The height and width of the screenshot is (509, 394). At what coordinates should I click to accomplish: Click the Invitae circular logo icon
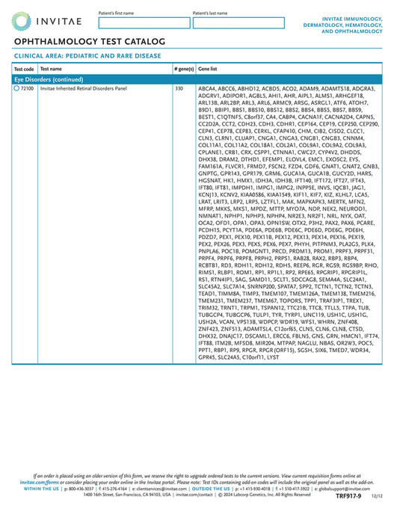click(x=22, y=21)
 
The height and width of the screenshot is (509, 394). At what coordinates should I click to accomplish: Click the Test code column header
click(x=24, y=68)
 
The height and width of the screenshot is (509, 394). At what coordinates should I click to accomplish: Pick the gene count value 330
click(x=179, y=88)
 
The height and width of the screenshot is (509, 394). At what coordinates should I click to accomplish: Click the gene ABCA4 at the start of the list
click(x=206, y=88)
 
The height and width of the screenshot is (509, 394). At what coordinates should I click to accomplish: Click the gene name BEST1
click(x=206, y=117)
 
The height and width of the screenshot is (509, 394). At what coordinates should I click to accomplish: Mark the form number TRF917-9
click(x=347, y=496)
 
